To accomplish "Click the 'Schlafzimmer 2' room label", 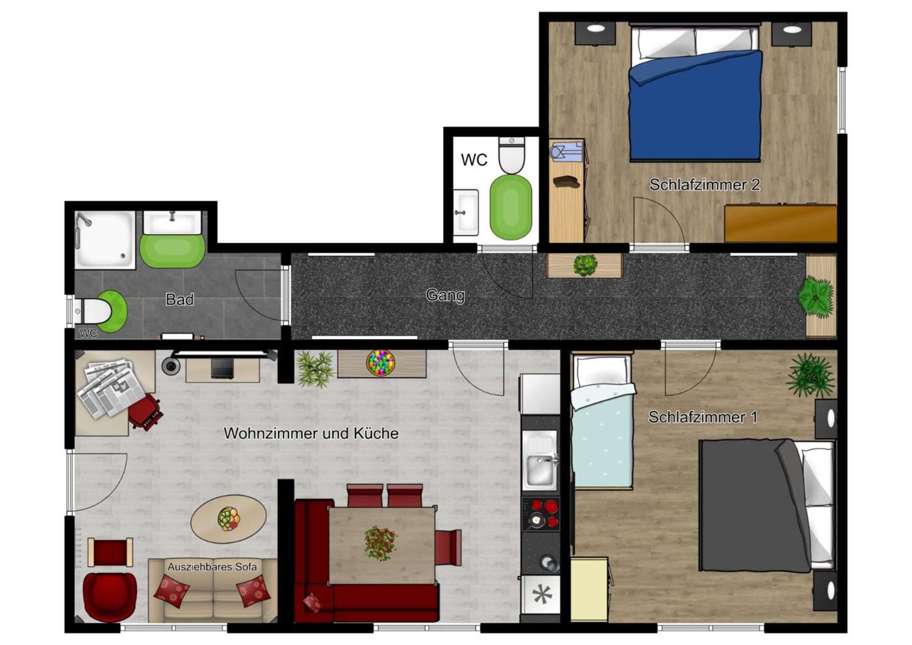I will coord(704,185).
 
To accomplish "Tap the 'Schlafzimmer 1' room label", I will coord(702,417).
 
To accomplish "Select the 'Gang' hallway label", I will coord(445,295).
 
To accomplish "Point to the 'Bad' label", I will coord(180,299).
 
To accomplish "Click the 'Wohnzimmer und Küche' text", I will coord(311,433).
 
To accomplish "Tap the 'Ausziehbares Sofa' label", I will coord(212,567).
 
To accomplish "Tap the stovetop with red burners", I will coord(541,513).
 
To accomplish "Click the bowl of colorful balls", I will coord(380,362).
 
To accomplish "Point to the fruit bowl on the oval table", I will coord(228,519).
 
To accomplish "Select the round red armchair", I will coord(110,596).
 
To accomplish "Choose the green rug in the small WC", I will coord(511,208).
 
